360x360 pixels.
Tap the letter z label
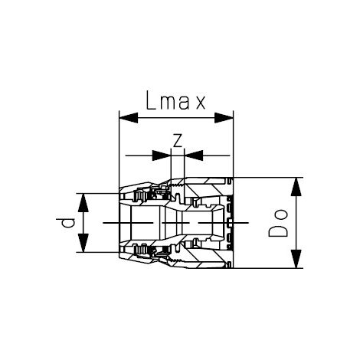(178, 141)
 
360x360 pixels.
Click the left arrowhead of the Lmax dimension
(129, 118)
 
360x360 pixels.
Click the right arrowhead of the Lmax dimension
(224, 118)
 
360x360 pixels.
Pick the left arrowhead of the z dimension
(162, 155)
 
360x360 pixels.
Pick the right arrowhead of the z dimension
(193, 155)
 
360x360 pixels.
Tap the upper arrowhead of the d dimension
(83, 203)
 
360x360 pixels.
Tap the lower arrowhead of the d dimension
(83, 243)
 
